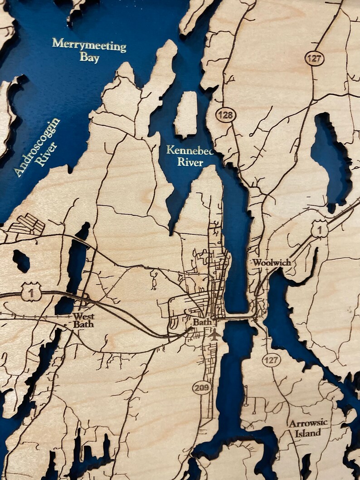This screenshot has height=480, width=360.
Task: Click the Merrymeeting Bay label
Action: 89,49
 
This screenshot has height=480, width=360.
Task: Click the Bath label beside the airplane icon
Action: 200,322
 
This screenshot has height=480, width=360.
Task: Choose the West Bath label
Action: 83,320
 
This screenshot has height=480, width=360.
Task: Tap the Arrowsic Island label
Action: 309,428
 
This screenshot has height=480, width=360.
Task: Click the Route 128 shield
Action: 225,115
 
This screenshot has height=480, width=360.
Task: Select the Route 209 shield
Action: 202,388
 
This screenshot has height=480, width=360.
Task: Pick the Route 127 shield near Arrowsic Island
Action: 271,360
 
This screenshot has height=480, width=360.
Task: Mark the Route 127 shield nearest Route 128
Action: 314,58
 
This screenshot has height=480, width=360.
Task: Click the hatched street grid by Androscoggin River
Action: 28,224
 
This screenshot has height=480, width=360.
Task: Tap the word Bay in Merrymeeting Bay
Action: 89,57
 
